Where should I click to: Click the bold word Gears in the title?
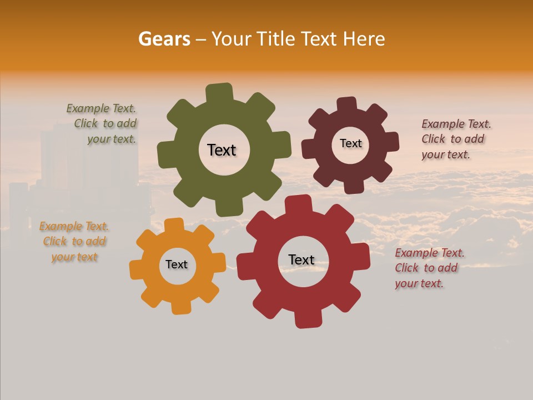(x=164, y=39)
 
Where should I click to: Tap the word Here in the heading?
(x=364, y=39)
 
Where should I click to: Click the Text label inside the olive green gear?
(x=222, y=150)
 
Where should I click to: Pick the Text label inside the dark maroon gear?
(x=350, y=143)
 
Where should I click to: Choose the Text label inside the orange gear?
(x=177, y=264)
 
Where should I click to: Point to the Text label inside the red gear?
(x=301, y=259)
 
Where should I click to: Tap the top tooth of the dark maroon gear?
(x=346, y=105)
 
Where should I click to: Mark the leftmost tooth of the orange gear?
(x=137, y=269)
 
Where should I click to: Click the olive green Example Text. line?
(x=101, y=108)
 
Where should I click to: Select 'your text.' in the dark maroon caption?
(x=445, y=154)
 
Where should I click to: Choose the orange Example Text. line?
(x=74, y=226)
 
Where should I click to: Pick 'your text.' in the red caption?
(x=419, y=283)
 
